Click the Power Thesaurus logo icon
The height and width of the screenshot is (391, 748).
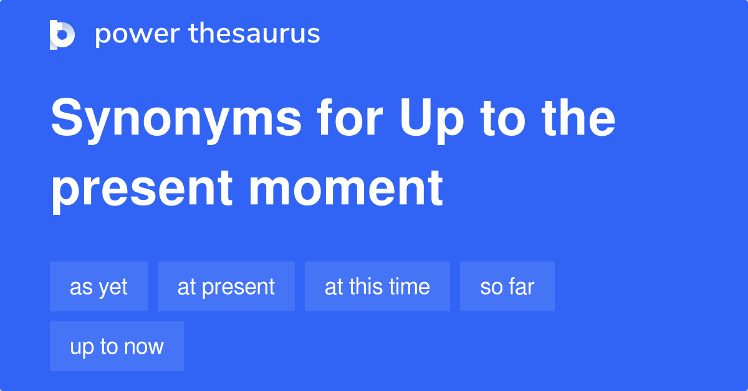point(62,34)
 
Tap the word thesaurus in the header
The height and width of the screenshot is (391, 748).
point(254,34)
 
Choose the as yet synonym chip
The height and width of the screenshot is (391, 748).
point(98,286)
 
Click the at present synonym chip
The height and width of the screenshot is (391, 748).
point(226,286)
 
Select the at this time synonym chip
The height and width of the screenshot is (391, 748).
point(377,286)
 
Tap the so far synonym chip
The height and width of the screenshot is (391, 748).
point(507,286)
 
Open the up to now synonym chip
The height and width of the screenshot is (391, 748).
point(117,346)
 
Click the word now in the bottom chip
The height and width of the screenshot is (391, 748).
point(145,347)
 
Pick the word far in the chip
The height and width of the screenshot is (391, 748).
point(520,286)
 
